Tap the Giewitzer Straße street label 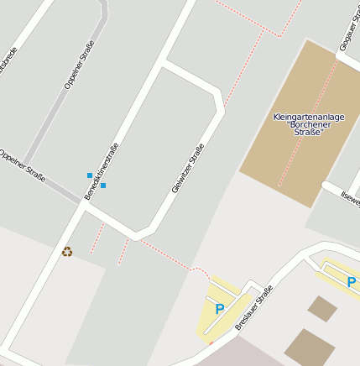[188, 169]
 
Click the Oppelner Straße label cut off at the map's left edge [22, 165]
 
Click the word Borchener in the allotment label [309, 124]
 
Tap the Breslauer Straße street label [254, 307]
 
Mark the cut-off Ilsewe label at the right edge [350, 199]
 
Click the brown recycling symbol [67, 251]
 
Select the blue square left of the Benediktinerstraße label [90, 175]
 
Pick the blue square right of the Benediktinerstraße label [103, 186]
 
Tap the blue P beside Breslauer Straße [220, 309]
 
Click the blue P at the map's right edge [352, 282]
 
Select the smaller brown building [322, 308]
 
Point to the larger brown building [310, 347]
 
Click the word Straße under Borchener [309, 133]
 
